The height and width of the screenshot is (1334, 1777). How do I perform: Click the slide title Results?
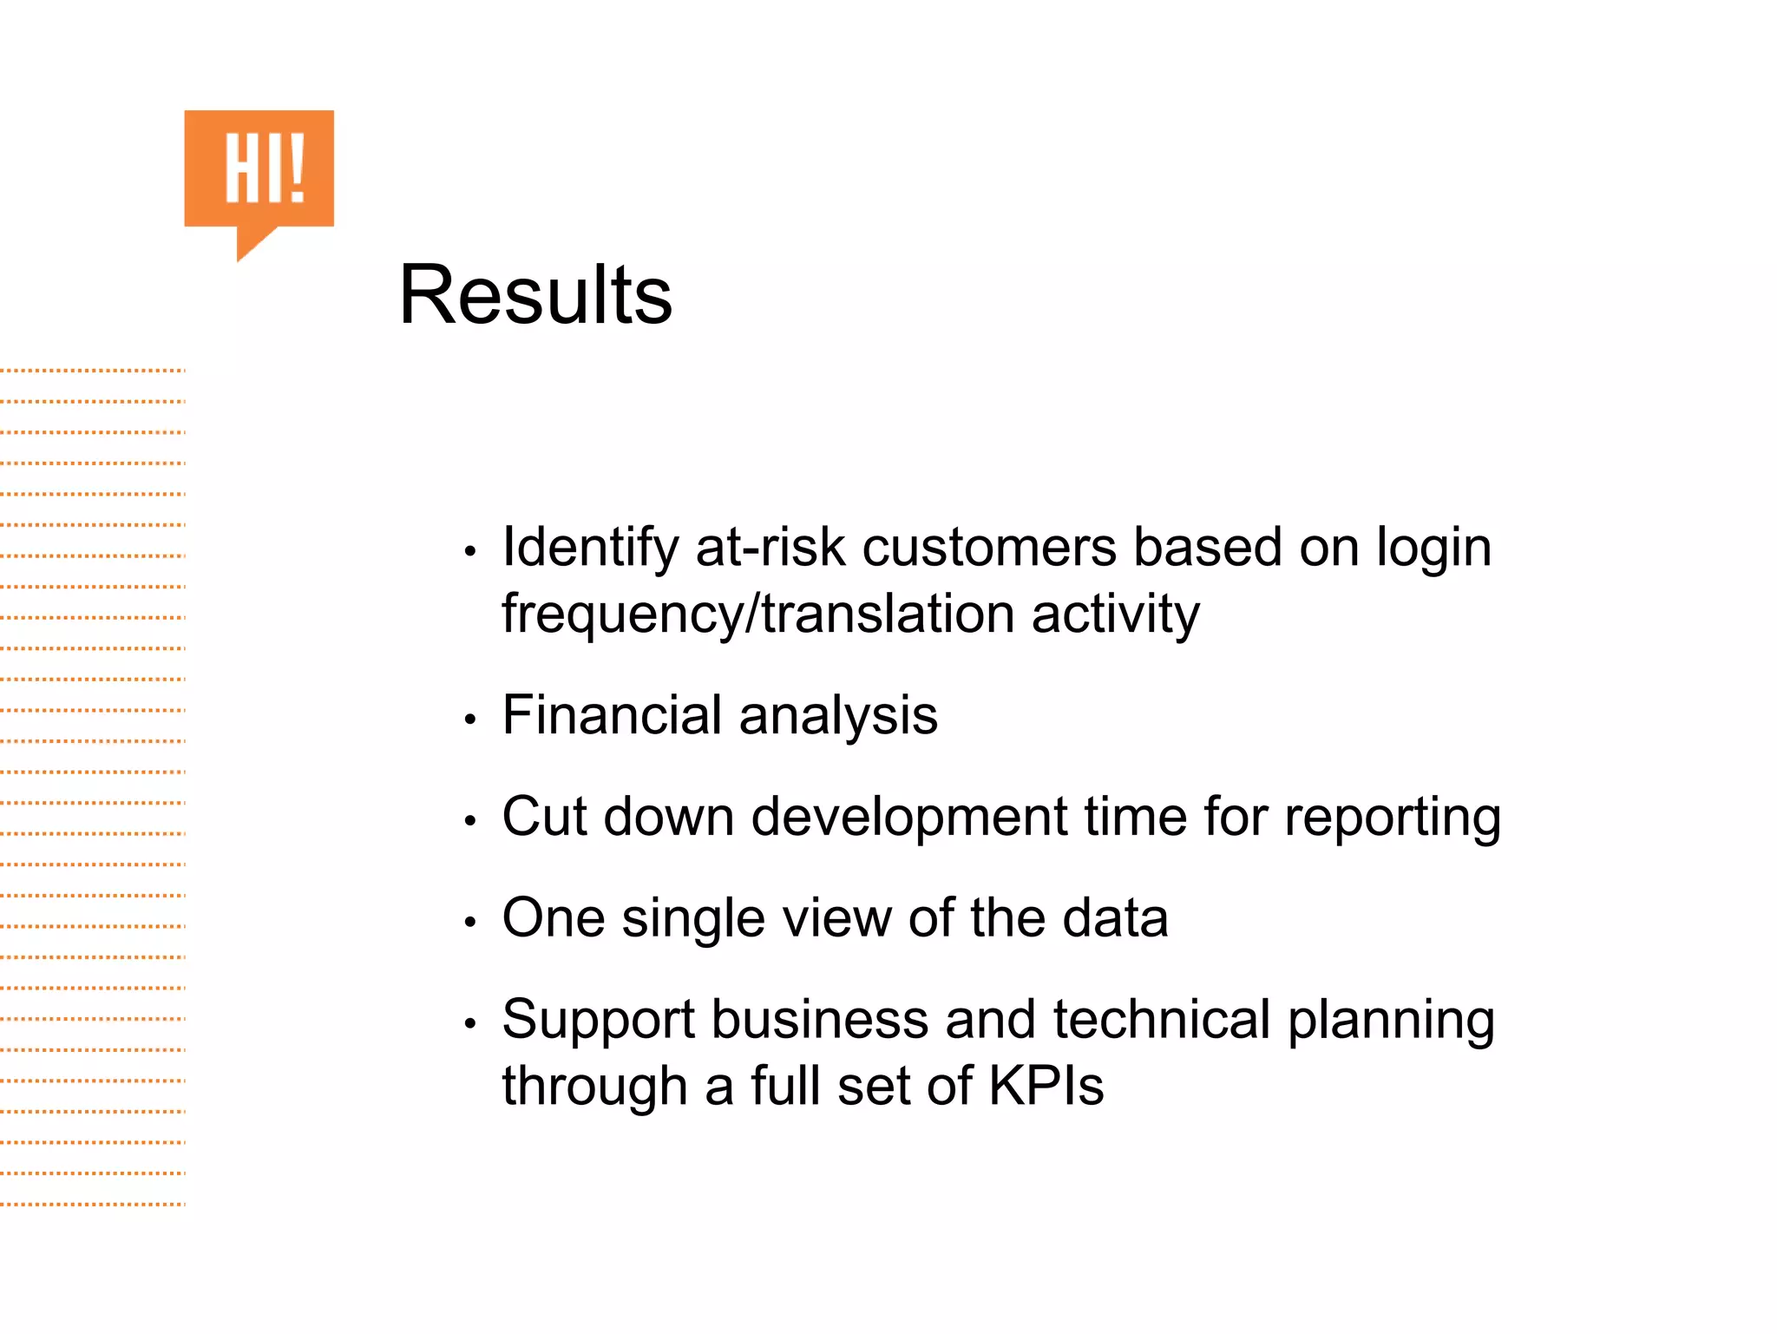(x=534, y=295)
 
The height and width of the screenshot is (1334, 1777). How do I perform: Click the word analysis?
(x=838, y=717)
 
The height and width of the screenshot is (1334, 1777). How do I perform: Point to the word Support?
(x=598, y=1021)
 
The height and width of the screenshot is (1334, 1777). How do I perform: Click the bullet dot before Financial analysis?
(x=470, y=720)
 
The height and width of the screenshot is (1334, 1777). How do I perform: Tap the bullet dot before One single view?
(x=470, y=922)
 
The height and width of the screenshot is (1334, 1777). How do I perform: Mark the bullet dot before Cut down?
(x=470, y=821)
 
